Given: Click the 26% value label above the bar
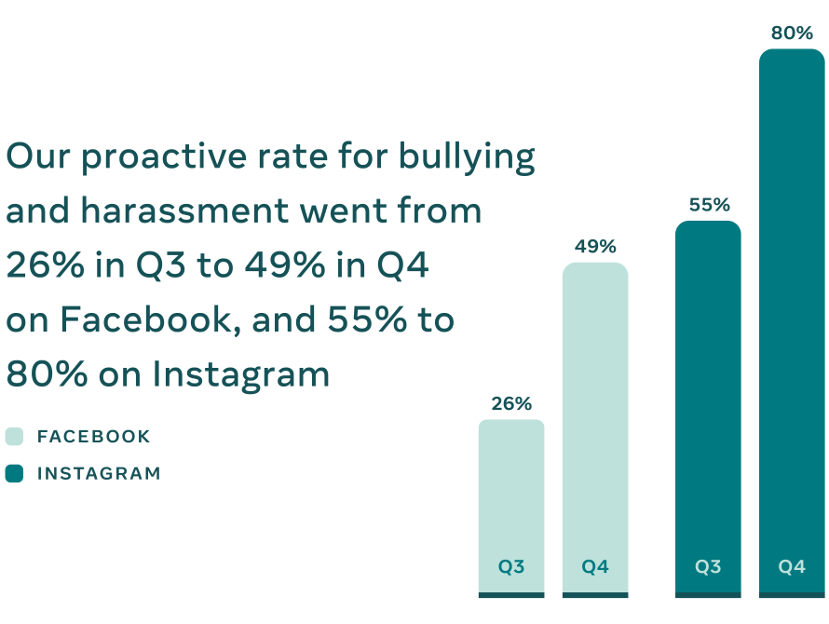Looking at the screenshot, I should [x=511, y=404].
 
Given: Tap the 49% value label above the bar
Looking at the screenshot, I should [x=595, y=247].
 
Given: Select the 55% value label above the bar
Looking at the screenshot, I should [x=709, y=205].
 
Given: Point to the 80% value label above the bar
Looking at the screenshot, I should [x=792, y=34].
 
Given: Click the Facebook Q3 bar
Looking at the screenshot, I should [x=511, y=494].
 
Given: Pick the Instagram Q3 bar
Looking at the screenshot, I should [x=708, y=391].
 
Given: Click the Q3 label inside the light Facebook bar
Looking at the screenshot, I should [x=511, y=566].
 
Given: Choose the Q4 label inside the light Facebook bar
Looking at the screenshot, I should [x=595, y=566].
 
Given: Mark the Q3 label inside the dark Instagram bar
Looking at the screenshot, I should [x=708, y=566].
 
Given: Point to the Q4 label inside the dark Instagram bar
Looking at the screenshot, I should [x=792, y=566].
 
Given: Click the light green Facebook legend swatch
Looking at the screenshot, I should [x=14, y=437].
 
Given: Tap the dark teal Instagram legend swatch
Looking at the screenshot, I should [x=14, y=473].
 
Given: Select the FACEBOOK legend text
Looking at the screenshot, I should [x=93, y=437].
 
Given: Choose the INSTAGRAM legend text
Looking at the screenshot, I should [x=99, y=473].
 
